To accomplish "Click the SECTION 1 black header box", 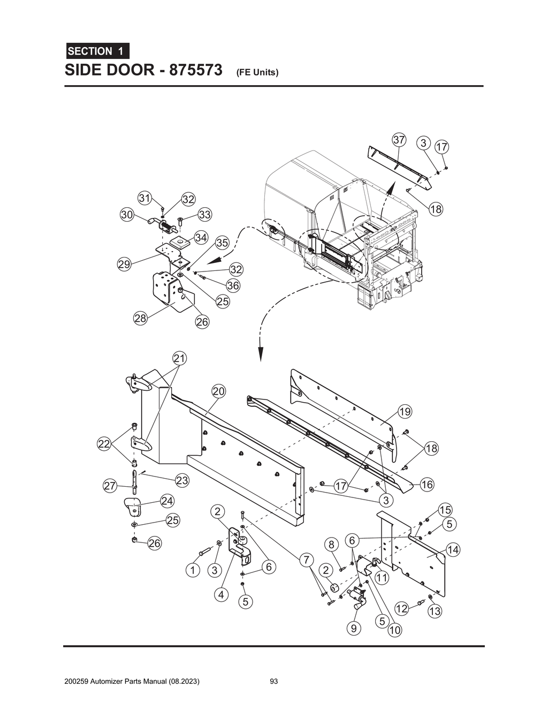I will (x=97, y=51).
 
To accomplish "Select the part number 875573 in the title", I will (x=195, y=70).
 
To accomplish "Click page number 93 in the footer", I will (x=274, y=682).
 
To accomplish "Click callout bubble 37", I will (x=399, y=140).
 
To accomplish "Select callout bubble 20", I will (x=218, y=391).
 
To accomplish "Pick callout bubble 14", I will (x=453, y=549).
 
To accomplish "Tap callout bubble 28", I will (x=140, y=319).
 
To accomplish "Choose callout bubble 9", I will (x=353, y=628).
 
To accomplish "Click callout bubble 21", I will (x=179, y=358).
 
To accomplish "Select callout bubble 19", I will (x=405, y=411).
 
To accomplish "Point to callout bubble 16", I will (x=427, y=485).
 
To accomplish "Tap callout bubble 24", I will (x=167, y=501).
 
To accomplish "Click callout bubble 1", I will (x=193, y=570).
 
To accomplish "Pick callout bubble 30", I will (x=127, y=215).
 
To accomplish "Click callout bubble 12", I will (x=401, y=608).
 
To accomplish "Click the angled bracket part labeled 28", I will (x=167, y=292).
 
